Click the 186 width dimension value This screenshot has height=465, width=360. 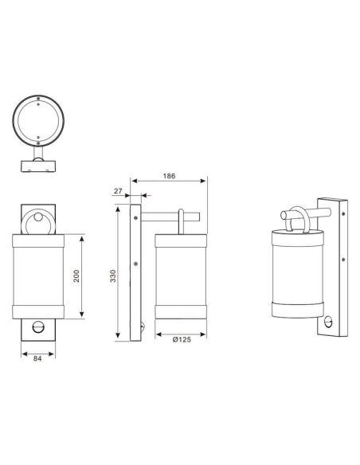click(x=168, y=177)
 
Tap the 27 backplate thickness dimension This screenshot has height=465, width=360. click(x=118, y=191)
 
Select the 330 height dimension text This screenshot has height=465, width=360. click(x=113, y=276)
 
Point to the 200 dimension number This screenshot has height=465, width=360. click(x=76, y=275)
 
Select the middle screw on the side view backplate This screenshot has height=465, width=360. click(x=136, y=264)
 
